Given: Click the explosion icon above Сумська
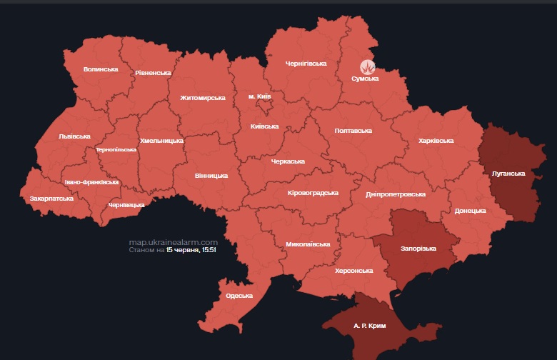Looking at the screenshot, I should click(x=367, y=66).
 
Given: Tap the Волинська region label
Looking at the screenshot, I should click(x=101, y=69).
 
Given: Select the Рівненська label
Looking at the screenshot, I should click(x=153, y=73).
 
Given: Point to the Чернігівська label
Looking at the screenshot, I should click(x=306, y=64).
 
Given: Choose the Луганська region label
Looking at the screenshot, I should click(x=508, y=174).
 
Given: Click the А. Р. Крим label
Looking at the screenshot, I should click(x=369, y=326).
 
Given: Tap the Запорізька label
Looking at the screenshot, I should click(x=418, y=248).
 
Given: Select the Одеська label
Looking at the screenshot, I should click(x=239, y=296).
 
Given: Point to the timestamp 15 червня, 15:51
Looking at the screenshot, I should click(x=191, y=251).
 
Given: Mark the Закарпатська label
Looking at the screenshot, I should click(x=51, y=198).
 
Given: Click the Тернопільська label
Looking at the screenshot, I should click(x=116, y=150).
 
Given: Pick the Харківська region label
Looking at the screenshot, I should click(x=436, y=141).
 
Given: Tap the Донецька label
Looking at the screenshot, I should click(x=470, y=211).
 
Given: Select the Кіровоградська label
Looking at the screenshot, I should click(x=312, y=193).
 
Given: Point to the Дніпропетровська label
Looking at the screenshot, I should click(x=395, y=194).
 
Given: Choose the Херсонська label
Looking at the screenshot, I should click(x=354, y=271).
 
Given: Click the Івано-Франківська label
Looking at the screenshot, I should click(x=91, y=183).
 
